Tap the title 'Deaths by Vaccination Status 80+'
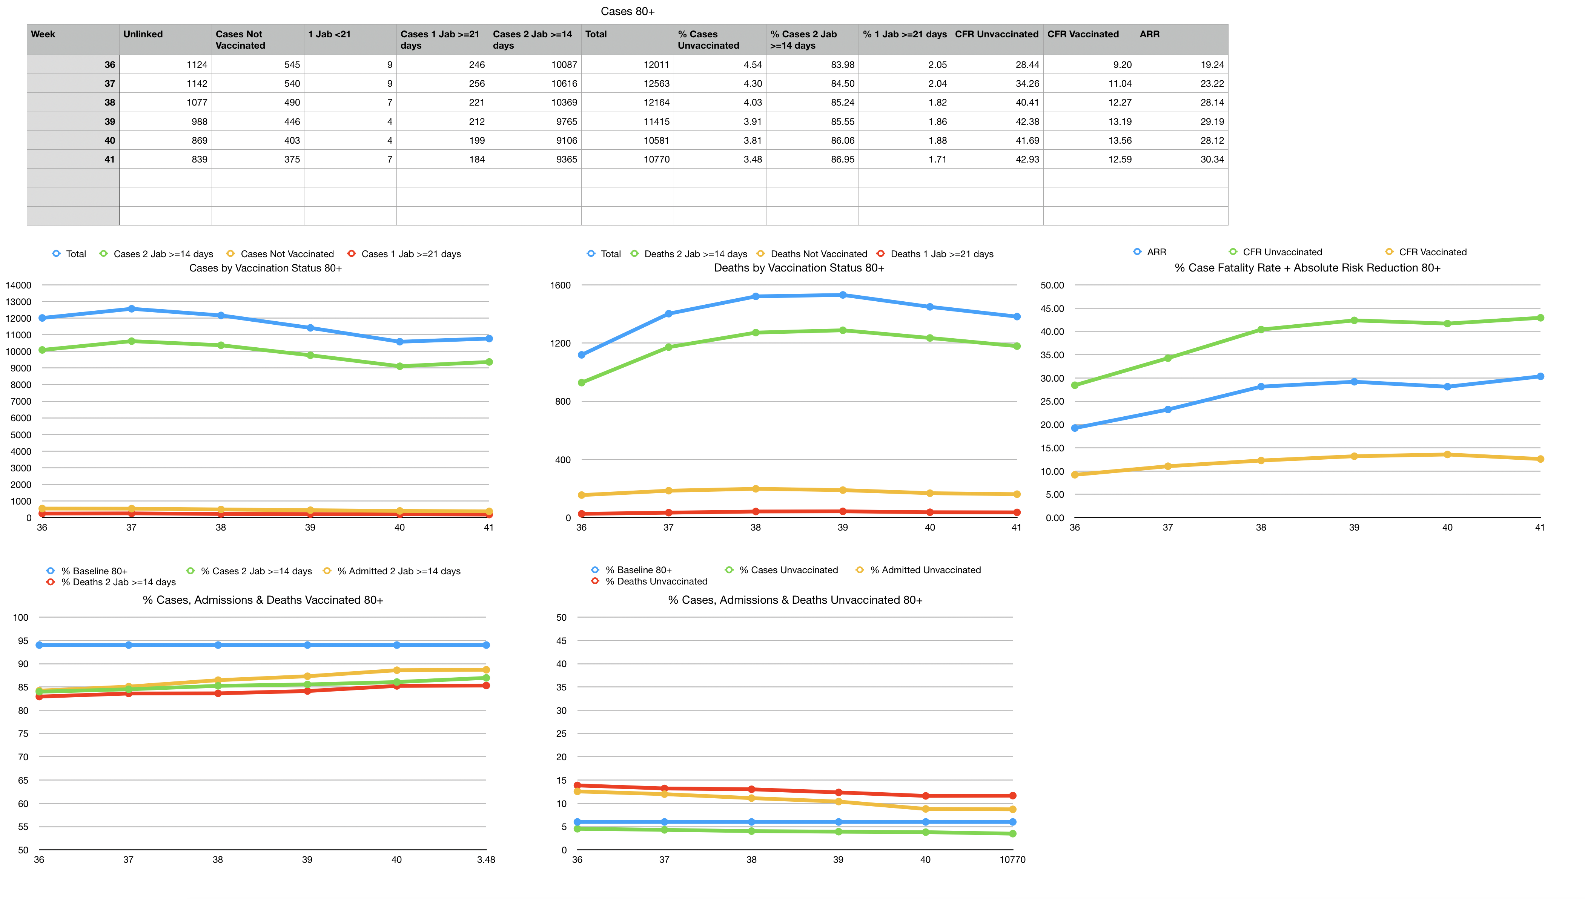tap(799, 268)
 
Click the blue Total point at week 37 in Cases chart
tap(132, 309)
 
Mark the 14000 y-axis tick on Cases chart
tap(18, 285)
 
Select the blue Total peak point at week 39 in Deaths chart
tap(842, 295)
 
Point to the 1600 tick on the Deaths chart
tap(560, 285)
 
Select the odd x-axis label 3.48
tap(485, 859)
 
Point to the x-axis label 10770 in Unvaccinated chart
tap(1012, 859)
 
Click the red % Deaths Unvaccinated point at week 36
tap(577, 785)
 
